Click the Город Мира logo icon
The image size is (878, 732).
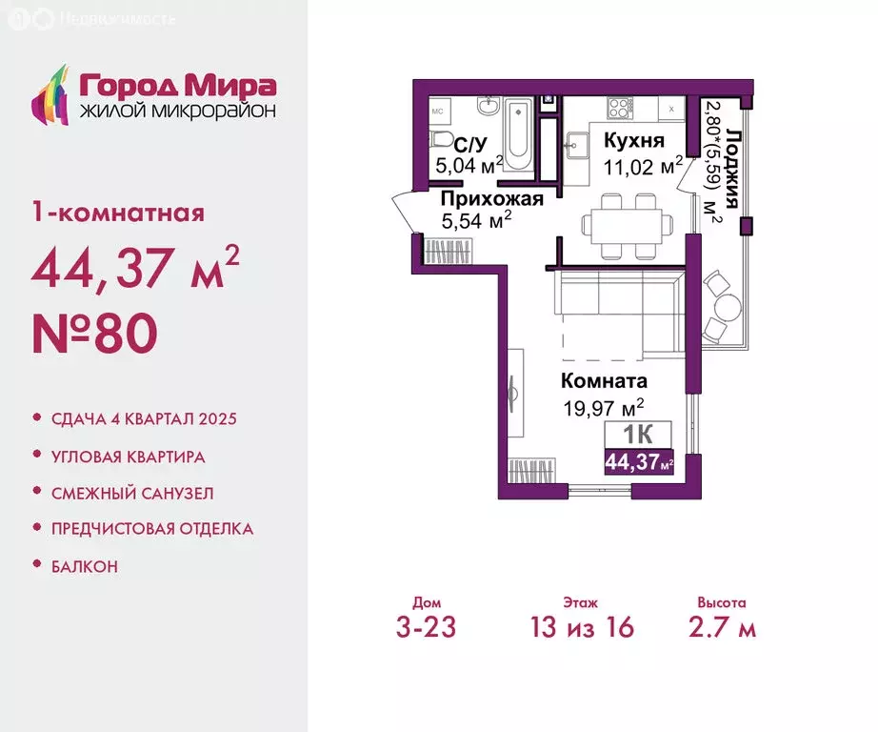(51, 94)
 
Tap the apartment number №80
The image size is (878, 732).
(94, 333)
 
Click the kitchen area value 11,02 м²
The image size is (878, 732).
(643, 166)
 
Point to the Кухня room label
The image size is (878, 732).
(634, 140)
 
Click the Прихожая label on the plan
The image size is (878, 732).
(491, 198)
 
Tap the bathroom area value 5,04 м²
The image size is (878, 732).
(469, 165)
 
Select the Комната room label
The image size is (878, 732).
(604, 380)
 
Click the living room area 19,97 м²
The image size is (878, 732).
(603, 408)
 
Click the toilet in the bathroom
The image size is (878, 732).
(442, 139)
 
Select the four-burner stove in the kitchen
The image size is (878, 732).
(620, 108)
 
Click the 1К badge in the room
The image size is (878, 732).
(638, 434)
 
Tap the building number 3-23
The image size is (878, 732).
(426, 627)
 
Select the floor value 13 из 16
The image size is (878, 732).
(582, 626)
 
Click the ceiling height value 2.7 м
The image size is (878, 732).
(723, 627)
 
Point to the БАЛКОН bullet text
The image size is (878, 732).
(85, 567)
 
